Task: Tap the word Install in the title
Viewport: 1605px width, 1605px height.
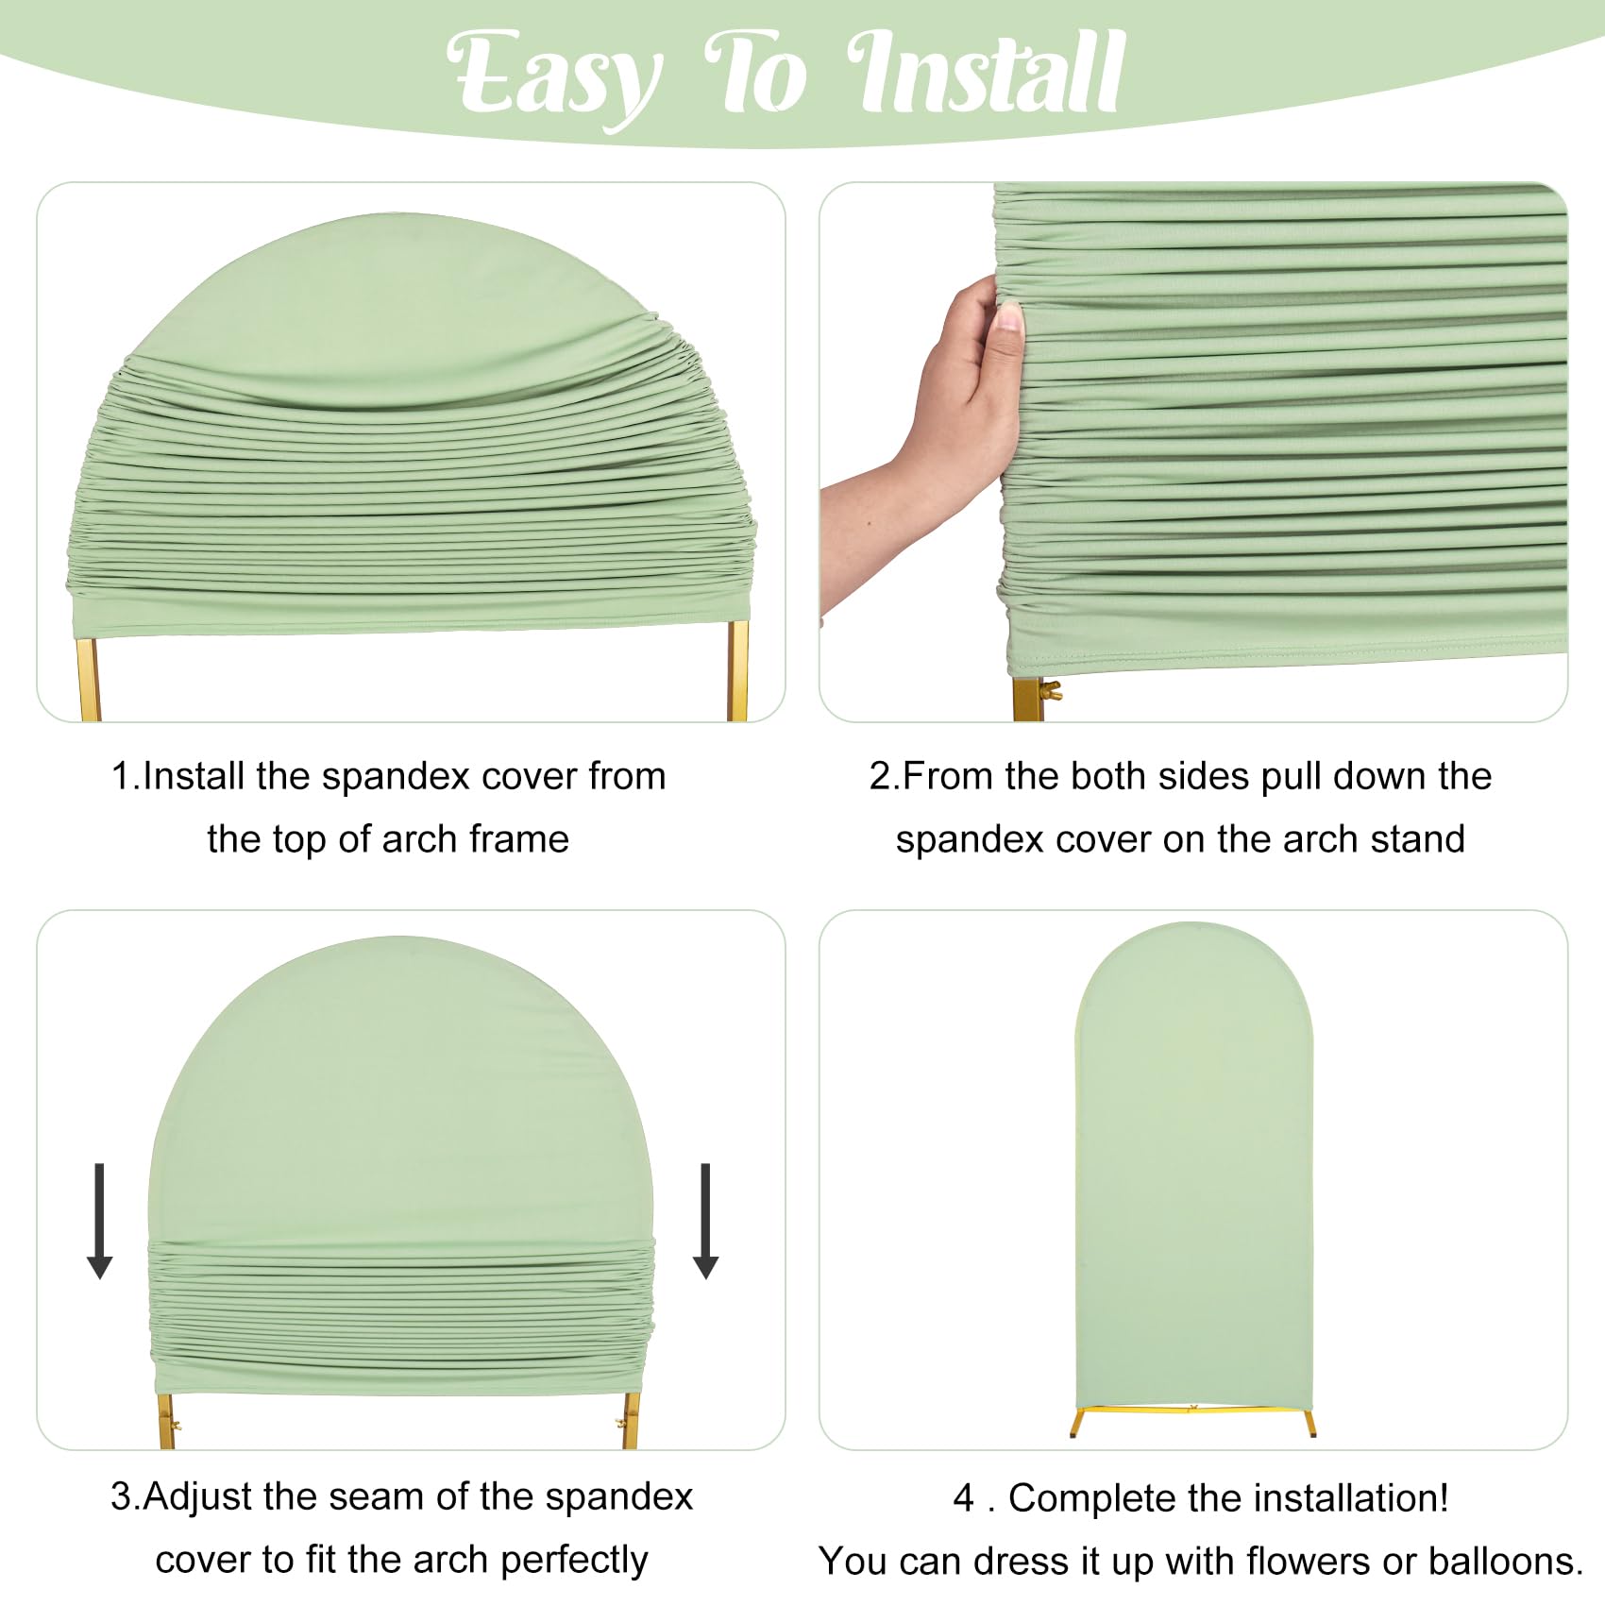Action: pyautogui.click(x=987, y=74)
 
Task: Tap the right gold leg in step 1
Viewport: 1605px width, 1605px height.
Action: pyautogui.click(x=737, y=672)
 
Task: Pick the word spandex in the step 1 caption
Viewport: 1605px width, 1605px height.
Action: pyautogui.click(x=396, y=776)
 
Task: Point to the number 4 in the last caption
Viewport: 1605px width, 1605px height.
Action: pyautogui.click(x=963, y=1498)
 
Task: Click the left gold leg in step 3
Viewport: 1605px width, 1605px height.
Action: pyautogui.click(x=167, y=1421)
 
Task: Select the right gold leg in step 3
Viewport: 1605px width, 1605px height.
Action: pyautogui.click(x=630, y=1421)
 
